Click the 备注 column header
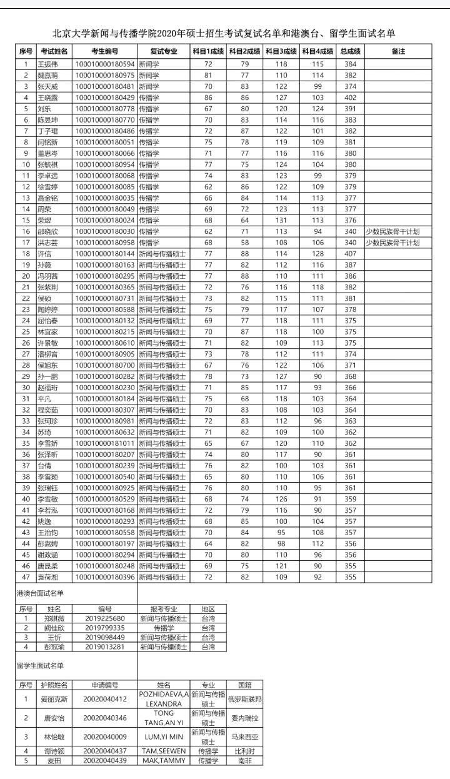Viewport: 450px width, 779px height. [x=398, y=51]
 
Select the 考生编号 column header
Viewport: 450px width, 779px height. [x=104, y=51]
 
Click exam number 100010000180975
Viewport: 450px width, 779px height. [x=104, y=75]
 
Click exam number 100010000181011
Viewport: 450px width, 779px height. [x=104, y=445]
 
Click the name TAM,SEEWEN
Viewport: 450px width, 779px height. [x=163, y=751]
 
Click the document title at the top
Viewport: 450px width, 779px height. [x=224, y=33]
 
